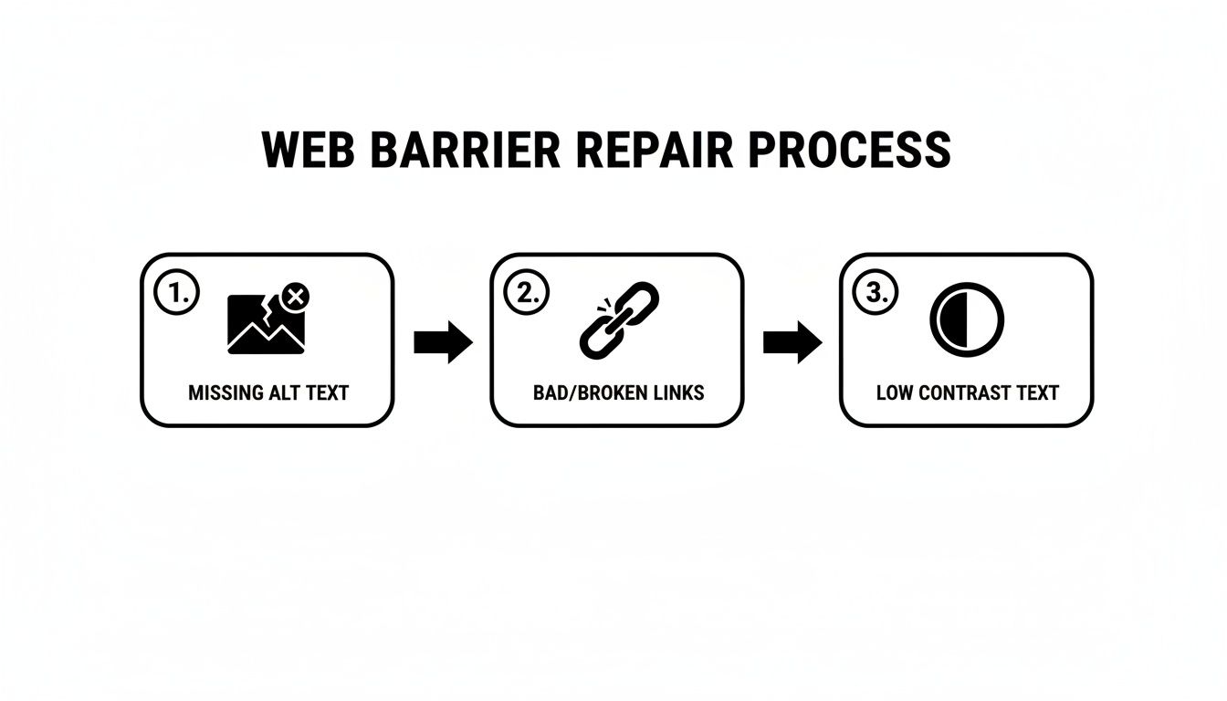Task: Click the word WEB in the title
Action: pos(309,151)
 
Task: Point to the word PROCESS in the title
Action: pos(849,151)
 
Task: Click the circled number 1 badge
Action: pos(176,293)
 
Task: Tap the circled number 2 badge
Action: pos(526,293)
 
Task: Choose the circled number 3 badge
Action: pos(876,293)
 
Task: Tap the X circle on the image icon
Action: pos(295,296)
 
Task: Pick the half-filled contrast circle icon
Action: pos(966,320)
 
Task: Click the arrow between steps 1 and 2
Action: pos(443,342)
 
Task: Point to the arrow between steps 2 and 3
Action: pos(792,342)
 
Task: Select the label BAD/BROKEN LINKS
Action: pos(618,393)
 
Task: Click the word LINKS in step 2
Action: pos(676,393)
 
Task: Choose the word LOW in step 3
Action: pos(894,393)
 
